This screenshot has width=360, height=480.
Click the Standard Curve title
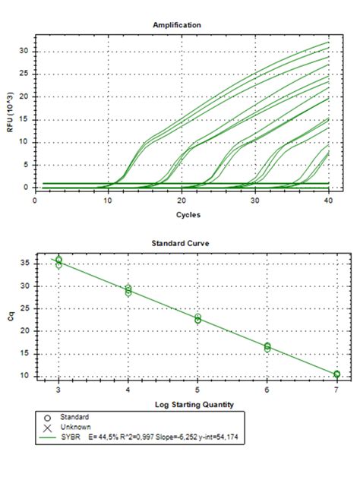click(180, 245)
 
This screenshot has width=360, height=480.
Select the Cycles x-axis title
click(180, 215)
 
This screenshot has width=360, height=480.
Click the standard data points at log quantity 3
click(59, 261)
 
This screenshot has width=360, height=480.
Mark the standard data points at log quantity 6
click(267, 347)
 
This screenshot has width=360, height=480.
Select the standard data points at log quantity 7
click(336, 374)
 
